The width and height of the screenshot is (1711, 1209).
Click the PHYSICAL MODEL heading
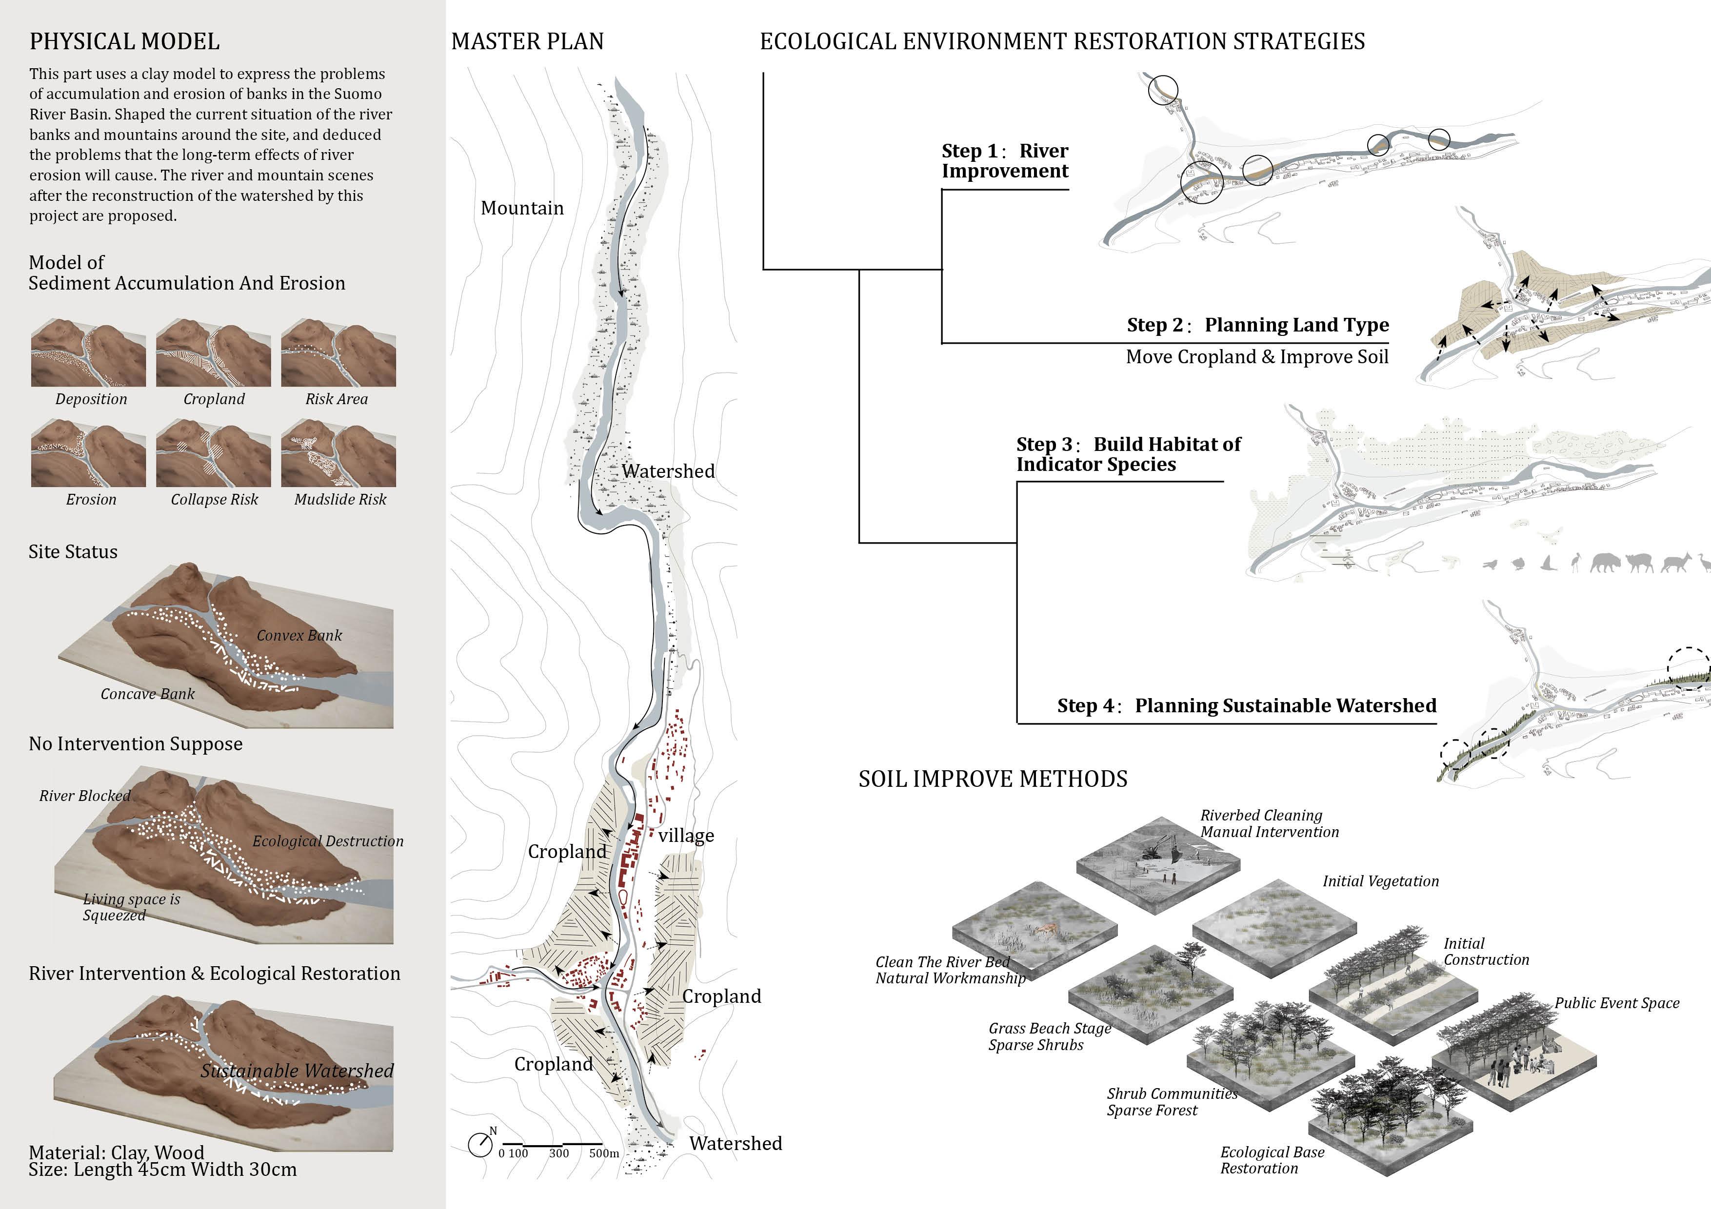(124, 42)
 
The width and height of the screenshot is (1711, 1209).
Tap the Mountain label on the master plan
(522, 208)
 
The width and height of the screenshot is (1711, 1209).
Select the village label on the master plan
(686, 835)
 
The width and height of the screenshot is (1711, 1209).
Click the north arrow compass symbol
(480, 1144)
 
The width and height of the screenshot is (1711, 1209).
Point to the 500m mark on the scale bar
(604, 1153)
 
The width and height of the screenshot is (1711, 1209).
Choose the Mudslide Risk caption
(340, 499)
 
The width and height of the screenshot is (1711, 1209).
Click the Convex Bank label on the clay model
(299, 635)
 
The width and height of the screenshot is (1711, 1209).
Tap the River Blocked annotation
(85, 796)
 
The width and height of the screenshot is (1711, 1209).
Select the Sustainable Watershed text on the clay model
(297, 1071)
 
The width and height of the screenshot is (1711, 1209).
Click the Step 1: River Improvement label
(1005, 161)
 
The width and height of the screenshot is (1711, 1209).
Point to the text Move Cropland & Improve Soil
(1257, 357)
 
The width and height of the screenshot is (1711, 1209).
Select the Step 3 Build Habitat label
(1128, 454)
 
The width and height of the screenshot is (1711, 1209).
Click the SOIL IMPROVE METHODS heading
(993, 779)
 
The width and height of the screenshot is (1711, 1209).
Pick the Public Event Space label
(1616, 1003)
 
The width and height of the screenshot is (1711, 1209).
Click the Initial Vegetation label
(1380, 881)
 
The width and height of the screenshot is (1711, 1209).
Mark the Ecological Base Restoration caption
(1272, 1160)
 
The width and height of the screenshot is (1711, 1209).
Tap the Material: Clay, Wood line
(116, 1152)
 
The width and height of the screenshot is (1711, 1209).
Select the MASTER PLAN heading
(528, 42)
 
